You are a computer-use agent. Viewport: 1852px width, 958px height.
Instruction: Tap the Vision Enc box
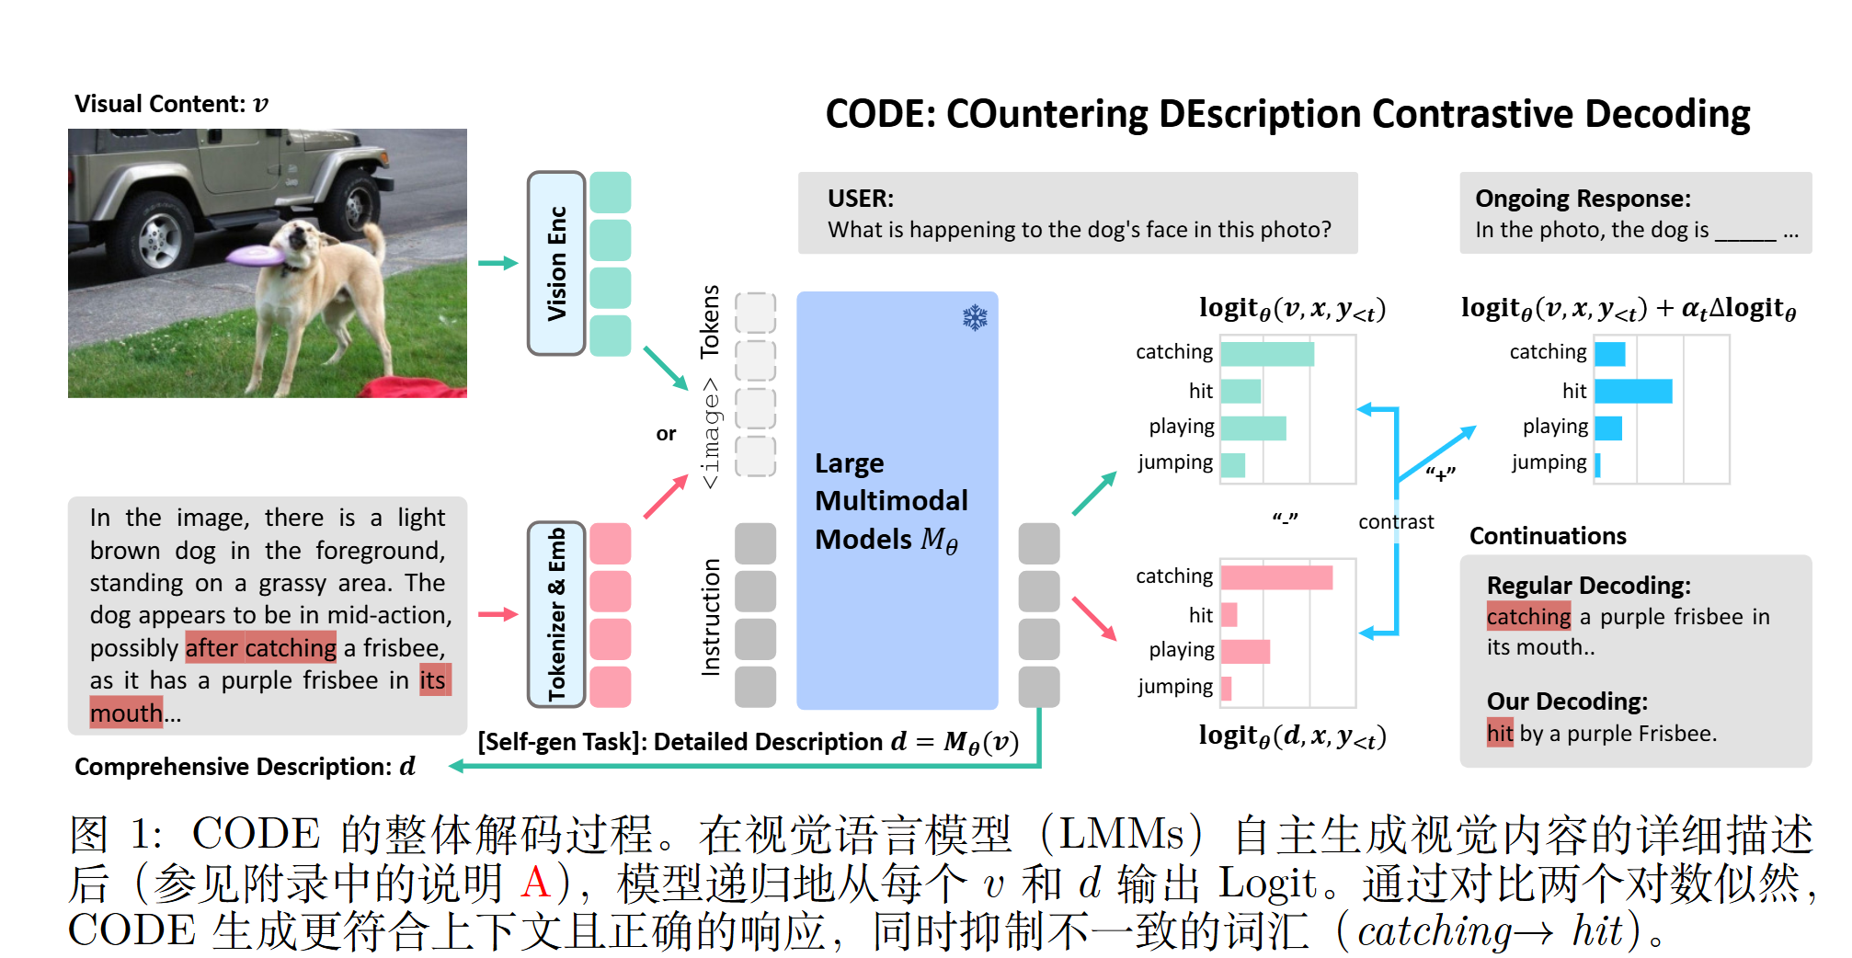pos(556,263)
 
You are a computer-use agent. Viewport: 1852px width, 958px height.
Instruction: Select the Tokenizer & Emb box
pos(556,614)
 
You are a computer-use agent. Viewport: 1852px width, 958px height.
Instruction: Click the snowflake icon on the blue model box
pos(975,318)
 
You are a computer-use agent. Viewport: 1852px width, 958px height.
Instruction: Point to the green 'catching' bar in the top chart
pos(1267,354)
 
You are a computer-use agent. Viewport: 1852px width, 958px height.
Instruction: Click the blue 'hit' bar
pos(1633,391)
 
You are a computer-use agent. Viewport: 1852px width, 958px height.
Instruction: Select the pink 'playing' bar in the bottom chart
pos(1246,651)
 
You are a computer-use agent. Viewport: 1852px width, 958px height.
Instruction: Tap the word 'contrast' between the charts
pos(1396,522)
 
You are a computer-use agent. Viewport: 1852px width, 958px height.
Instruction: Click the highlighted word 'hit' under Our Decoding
pos(1500,733)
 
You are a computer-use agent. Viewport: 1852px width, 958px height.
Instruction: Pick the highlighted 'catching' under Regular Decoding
pos(1528,616)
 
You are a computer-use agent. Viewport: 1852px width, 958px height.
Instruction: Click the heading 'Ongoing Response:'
pos(1583,199)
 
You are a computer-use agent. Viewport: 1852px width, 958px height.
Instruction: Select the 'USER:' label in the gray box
pos(860,199)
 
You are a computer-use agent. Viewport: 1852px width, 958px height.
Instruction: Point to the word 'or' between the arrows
pos(666,433)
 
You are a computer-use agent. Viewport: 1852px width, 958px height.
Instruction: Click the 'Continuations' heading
pos(1548,536)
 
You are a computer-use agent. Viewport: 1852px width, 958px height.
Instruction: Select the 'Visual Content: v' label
pos(171,104)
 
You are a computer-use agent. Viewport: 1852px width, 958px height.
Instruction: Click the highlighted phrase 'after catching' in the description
pos(261,648)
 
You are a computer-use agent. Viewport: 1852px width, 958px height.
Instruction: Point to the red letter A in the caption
pos(535,883)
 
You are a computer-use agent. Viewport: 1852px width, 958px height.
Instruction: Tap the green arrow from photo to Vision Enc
pos(497,263)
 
